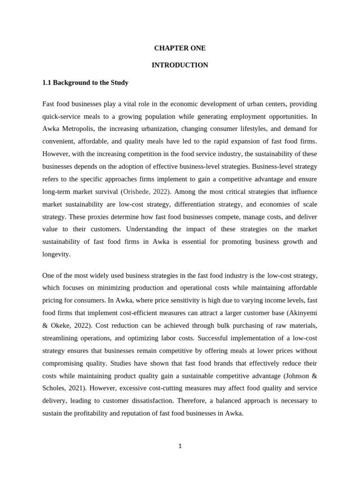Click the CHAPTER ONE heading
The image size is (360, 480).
click(x=180, y=48)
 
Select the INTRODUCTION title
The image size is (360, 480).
click(x=180, y=65)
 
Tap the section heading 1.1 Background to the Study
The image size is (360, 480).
click(x=85, y=82)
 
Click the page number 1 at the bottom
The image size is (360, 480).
click(x=180, y=446)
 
